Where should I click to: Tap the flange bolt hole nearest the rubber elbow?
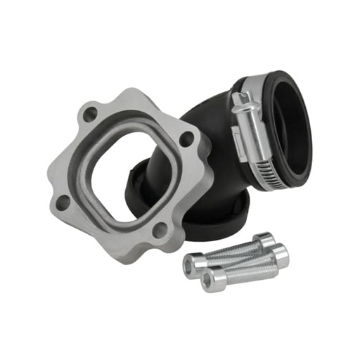(186, 139)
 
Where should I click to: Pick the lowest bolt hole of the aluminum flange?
(160, 229)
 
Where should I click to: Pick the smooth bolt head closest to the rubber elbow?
(264, 242)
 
